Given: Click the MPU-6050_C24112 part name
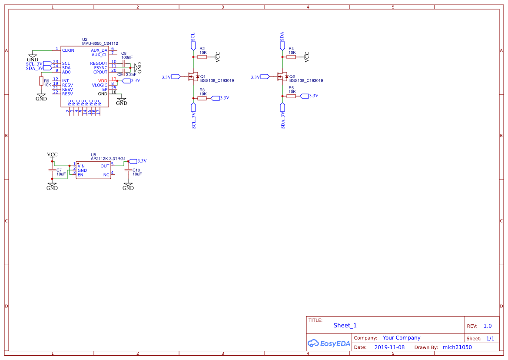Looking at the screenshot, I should point(100,43).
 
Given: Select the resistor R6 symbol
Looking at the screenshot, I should point(41,81).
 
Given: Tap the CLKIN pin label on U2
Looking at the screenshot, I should point(68,50).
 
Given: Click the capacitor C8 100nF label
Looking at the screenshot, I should point(127,55).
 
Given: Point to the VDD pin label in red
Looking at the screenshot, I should point(103,81).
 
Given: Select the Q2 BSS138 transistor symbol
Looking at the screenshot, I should point(282,77).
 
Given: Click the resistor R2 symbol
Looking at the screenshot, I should point(202,57).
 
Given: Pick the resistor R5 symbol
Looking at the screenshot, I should point(291,96).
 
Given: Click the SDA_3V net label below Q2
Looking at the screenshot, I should point(282,120).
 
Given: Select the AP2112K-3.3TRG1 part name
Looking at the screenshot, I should point(108,159).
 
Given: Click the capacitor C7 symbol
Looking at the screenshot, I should point(52,170).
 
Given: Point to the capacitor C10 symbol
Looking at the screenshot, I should point(128,170).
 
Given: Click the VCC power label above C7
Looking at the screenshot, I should point(52,154).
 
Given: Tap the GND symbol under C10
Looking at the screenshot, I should point(128,187).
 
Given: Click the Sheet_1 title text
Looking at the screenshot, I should point(345,325).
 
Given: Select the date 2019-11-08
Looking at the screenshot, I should point(389,347).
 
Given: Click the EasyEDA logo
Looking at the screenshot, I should point(329,343).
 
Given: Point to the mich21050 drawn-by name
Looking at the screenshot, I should point(457,347).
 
